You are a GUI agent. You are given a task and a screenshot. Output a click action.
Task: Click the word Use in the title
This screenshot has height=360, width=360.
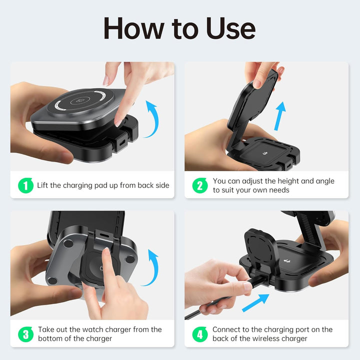[x=230, y=28]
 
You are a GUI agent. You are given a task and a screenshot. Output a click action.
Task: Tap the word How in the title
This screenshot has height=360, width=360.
[x=134, y=28]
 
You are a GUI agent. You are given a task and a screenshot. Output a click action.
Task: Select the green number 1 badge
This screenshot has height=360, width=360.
[x=25, y=185]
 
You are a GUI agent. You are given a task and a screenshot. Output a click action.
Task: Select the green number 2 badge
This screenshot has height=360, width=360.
[x=200, y=185]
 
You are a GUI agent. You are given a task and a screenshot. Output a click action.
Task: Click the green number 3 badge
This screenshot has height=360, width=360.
[x=25, y=334]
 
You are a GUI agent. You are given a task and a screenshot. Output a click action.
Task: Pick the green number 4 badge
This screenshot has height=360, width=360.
[x=200, y=334]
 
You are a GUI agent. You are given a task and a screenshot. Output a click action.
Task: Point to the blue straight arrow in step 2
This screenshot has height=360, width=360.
[x=279, y=116]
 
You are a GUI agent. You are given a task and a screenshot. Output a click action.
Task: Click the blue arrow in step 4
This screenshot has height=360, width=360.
[x=255, y=302]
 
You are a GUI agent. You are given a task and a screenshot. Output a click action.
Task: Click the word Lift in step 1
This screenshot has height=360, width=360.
[x=42, y=185]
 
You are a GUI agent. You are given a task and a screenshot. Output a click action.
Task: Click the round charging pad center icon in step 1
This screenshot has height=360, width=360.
[x=80, y=101]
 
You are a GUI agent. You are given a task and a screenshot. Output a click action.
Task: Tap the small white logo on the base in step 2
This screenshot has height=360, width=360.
[x=265, y=152]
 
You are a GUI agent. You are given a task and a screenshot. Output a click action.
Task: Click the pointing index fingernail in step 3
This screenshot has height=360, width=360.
[x=107, y=252]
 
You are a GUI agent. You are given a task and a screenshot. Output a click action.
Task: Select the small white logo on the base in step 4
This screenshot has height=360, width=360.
[x=287, y=261]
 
